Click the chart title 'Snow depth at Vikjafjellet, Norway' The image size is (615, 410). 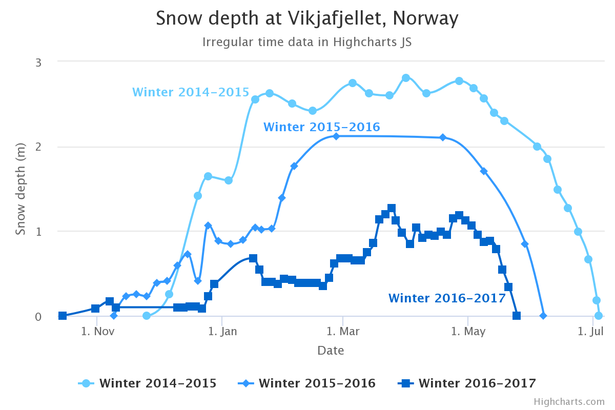(x=307, y=19)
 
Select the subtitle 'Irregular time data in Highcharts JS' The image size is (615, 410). (x=307, y=42)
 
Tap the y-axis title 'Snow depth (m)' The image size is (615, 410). (x=20, y=189)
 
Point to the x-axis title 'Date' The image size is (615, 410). (x=331, y=351)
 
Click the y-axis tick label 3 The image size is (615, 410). (x=38, y=62)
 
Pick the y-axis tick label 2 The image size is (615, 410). (x=38, y=147)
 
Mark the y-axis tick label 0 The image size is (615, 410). (x=38, y=316)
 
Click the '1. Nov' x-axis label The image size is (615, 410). (x=97, y=331)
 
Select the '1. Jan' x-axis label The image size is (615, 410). (x=222, y=331)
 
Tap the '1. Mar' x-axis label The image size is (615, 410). (x=342, y=331)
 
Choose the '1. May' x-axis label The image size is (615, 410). (x=467, y=331)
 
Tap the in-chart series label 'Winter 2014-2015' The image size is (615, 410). (x=191, y=92)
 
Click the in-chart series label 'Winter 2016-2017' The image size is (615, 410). (x=447, y=298)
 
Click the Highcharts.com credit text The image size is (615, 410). (x=569, y=402)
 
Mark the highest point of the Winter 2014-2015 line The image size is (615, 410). (x=406, y=78)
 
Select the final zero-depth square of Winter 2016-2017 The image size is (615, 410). (x=517, y=316)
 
